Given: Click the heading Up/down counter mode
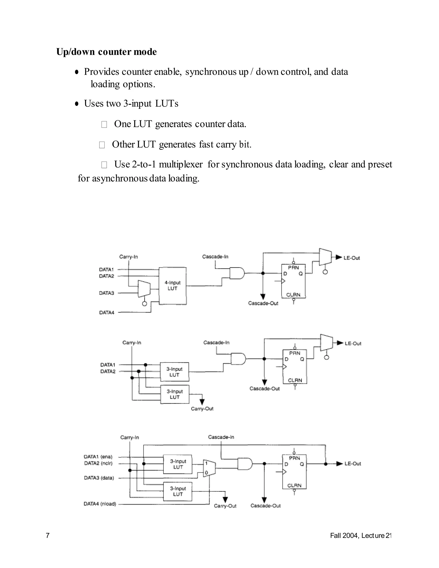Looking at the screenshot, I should pos(106,52).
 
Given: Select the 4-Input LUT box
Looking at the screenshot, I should pos(172,286).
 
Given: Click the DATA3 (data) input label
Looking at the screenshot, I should pos(99,478).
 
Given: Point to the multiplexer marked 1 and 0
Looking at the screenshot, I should pos(209,468).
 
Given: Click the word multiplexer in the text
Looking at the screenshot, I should pos(180,164).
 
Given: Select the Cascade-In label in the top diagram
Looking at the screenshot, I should pos(215,257).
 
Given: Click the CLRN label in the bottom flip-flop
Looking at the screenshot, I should pos(294,485).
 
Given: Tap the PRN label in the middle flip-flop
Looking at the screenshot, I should pos(295,353).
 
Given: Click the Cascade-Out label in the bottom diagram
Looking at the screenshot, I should pos(265,506).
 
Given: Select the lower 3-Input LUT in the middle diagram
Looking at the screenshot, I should pos(175,394).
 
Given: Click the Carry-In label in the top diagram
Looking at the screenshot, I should pos(128,257).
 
